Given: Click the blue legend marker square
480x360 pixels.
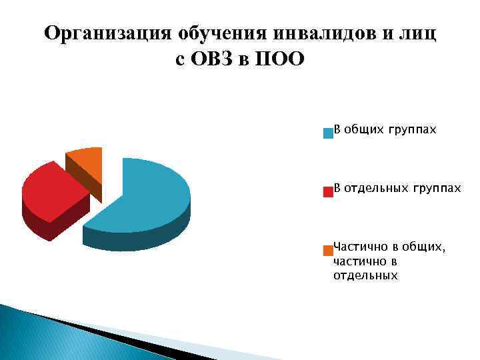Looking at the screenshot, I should click(327, 133).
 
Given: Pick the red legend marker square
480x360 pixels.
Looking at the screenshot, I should click(327, 192).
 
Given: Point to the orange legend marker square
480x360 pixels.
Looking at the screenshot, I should click(327, 251).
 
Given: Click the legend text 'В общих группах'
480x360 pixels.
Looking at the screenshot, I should click(385, 129).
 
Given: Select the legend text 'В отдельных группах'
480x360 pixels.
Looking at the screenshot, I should click(397, 188).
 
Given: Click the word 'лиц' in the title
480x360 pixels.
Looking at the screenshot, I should click(418, 34).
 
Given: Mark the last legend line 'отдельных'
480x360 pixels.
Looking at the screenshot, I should click(365, 275).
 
